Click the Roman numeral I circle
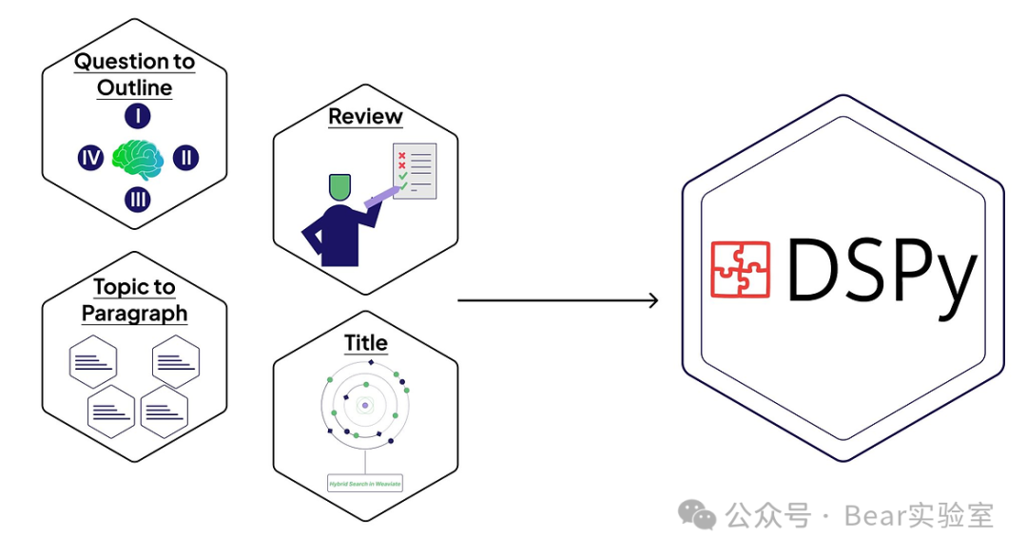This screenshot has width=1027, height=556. [x=137, y=117]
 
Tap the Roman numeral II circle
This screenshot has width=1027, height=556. [x=186, y=158]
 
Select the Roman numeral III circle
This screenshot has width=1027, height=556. [x=137, y=199]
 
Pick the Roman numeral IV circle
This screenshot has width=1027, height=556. [x=90, y=158]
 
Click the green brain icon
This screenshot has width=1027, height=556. [x=138, y=158]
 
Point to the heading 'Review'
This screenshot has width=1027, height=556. [x=365, y=116]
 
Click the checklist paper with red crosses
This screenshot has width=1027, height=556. [x=415, y=171]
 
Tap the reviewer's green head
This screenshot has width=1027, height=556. [x=339, y=186]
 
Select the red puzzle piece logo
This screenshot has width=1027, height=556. [x=740, y=269]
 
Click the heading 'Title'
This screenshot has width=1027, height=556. [x=365, y=342]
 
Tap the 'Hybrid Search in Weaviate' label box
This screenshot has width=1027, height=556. [x=364, y=484]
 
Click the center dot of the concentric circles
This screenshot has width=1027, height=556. [x=365, y=406]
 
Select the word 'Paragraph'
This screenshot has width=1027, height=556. [x=134, y=314]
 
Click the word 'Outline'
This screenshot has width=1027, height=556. [x=134, y=88]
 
